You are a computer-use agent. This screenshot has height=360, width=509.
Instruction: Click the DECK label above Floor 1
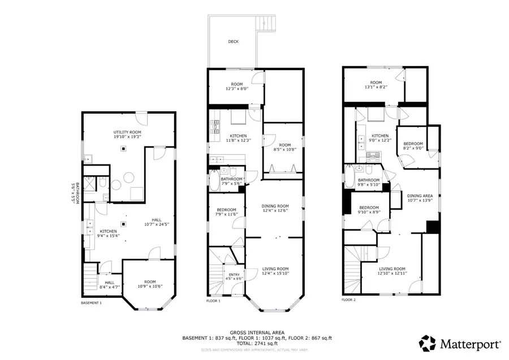click(x=233, y=41)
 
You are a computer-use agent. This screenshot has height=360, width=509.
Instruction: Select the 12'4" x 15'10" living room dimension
click(x=275, y=274)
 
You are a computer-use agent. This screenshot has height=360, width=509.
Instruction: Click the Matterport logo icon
click(x=427, y=343)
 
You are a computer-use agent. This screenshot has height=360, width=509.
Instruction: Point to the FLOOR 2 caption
click(x=350, y=300)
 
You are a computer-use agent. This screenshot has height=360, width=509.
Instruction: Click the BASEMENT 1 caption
click(x=92, y=302)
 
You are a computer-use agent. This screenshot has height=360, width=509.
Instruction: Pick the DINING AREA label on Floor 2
click(x=419, y=196)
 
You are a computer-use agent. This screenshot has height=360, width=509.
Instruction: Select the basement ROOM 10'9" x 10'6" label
click(x=149, y=284)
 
